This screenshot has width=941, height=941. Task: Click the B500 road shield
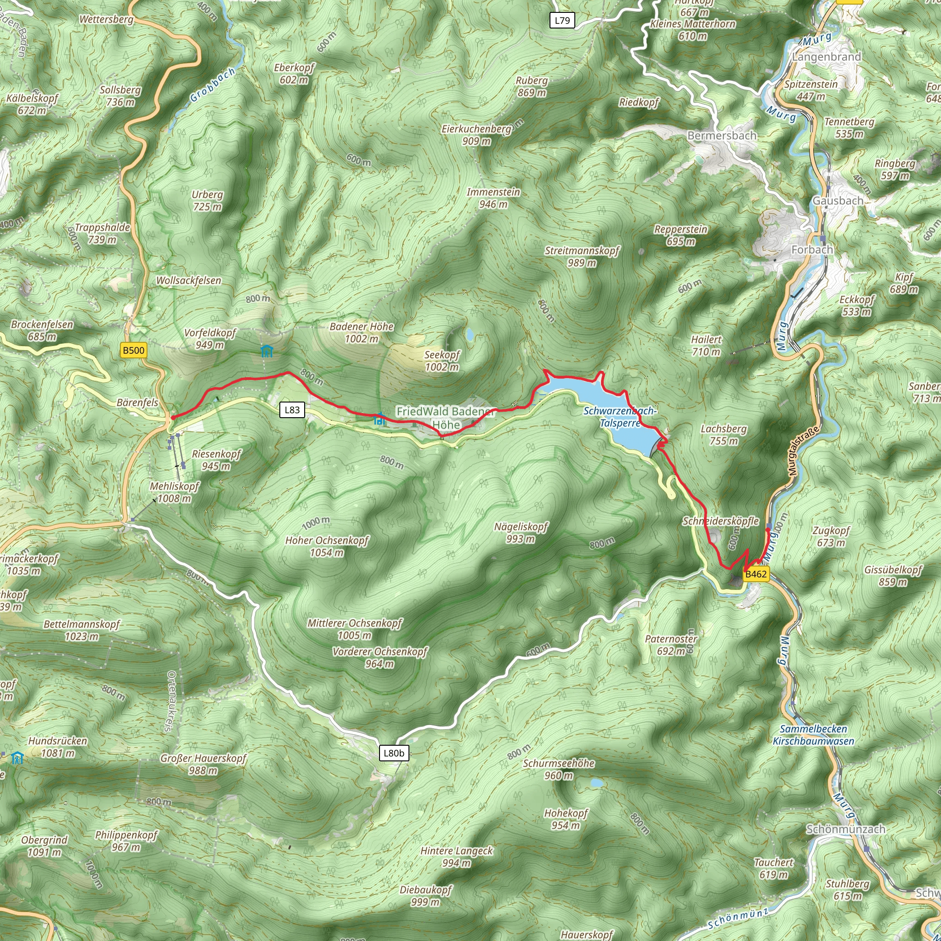click(x=133, y=350)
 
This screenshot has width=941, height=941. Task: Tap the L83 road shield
click(x=292, y=409)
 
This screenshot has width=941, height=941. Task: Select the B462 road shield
click(x=756, y=574)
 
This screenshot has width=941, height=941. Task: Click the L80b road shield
click(x=394, y=753)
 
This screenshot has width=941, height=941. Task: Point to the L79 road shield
click(x=562, y=21)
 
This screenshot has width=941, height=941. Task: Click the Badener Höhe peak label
click(x=362, y=332)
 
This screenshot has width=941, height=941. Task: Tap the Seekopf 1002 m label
click(x=442, y=361)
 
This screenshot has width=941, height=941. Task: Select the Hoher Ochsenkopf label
click(x=327, y=546)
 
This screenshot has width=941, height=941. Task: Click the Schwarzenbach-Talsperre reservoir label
click(x=620, y=417)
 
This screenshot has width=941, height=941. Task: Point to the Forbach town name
click(x=812, y=250)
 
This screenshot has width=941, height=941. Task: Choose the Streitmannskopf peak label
click(x=582, y=256)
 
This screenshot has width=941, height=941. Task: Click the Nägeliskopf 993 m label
click(x=521, y=533)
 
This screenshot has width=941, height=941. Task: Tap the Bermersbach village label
click(x=722, y=136)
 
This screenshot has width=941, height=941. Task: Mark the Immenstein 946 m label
click(x=493, y=198)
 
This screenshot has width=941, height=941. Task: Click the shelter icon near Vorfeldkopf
click(x=266, y=351)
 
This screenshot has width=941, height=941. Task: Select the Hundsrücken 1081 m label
click(x=57, y=747)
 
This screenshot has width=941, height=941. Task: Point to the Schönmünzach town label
click(x=845, y=829)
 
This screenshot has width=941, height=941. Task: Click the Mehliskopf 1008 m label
click(x=174, y=492)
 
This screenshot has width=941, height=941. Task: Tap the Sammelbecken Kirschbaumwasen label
click(x=813, y=735)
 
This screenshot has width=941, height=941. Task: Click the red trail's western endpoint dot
click(x=173, y=417)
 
